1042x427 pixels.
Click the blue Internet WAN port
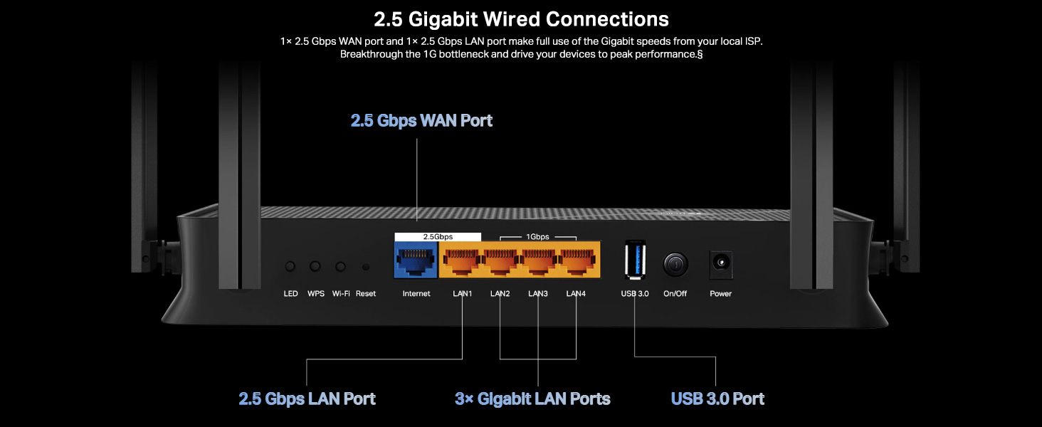pyautogui.click(x=416, y=260)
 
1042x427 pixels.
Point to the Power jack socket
pyautogui.click(x=721, y=265)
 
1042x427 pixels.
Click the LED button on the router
pyautogui.click(x=290, y=267)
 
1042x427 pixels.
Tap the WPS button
pyautogui.click(x=315, y=267)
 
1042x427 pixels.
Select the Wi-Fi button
pyautogui.click(x=341, y=267)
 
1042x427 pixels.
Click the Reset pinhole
pyautogui.click(x=366, y=267)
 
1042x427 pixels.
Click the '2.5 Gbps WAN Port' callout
pyautogui.click(x=421, y=120)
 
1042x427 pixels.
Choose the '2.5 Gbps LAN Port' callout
pyautogui.click(x=307, y=399)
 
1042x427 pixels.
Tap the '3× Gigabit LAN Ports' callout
pyautogui.click(x=532, y=399)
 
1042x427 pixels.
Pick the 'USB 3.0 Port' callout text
pyautogui.click(x=717, y=399)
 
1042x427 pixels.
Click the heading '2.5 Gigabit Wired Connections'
pyautogui.click(x=521, y=19)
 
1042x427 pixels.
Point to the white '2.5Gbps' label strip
pyautogui.click(x=438, y=236)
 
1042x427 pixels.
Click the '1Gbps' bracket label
pyautogui.click(x=537, y=236)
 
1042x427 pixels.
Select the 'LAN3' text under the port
pyautogui.click(x=538, y=294)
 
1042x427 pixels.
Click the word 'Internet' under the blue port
pyautogui.click(x=416, y=294)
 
